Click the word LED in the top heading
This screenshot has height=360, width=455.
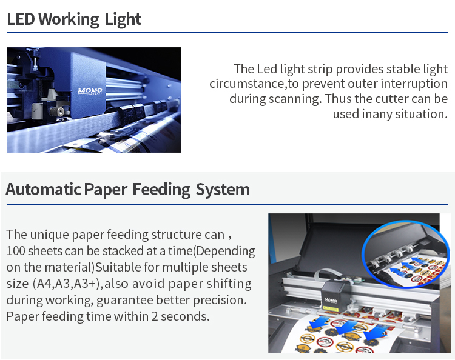pos(21,19)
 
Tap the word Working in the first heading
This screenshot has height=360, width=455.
pos(69,20)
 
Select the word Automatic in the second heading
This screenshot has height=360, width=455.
pos(43,189)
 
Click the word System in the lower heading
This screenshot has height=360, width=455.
pos(223,190)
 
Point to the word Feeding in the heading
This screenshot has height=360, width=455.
pos(161,190)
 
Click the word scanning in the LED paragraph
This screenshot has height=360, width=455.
pos(295,99)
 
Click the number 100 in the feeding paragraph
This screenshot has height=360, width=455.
pos(16,251)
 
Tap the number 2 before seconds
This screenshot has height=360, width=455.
pos(155,316)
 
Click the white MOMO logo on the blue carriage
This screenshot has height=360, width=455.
pos(90,92)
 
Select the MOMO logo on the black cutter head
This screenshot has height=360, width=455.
pos(331,300)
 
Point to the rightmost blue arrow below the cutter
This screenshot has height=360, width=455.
pos(375,332)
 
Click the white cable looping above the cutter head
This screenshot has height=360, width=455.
pos(328,275)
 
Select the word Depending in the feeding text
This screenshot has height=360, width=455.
pos(226,252)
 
